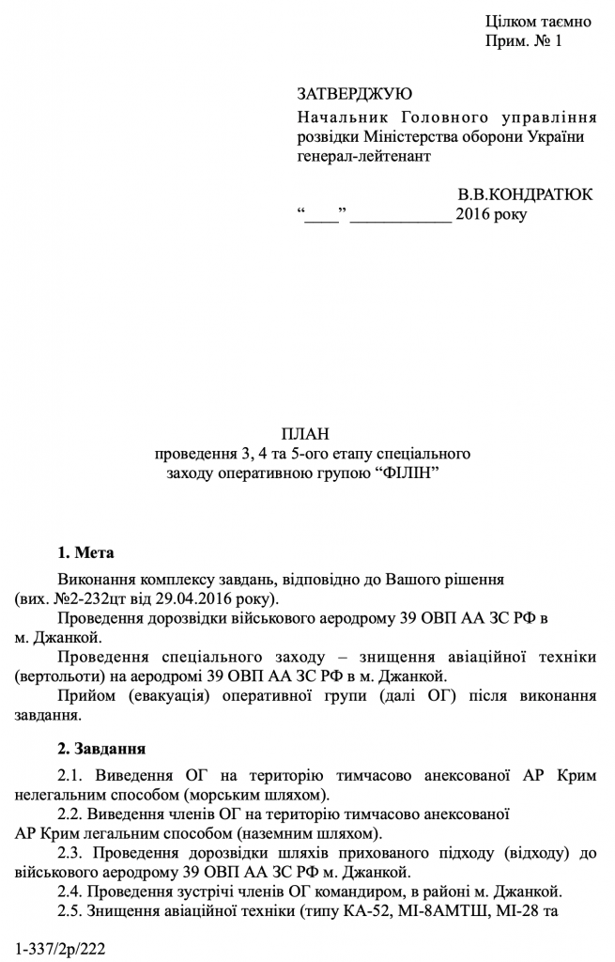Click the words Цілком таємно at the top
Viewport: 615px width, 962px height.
pyautogui.click(x=538, y=22)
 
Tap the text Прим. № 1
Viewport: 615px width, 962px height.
pyautogui.click(x=523, y=41)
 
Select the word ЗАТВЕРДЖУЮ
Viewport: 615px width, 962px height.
pyautogui.click(x=354, y=94)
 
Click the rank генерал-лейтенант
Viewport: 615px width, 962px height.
pyautogui.click(x=363, y=156)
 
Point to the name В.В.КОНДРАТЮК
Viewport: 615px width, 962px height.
pyautogui.click(x=525, y=194)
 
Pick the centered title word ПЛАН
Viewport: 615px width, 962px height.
pyautogui.click(x=312, y=433)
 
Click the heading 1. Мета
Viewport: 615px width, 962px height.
pyautogui.click(x=85, y=551)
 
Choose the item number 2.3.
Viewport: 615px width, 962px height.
pyautogui.click(x=73, y=852)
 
